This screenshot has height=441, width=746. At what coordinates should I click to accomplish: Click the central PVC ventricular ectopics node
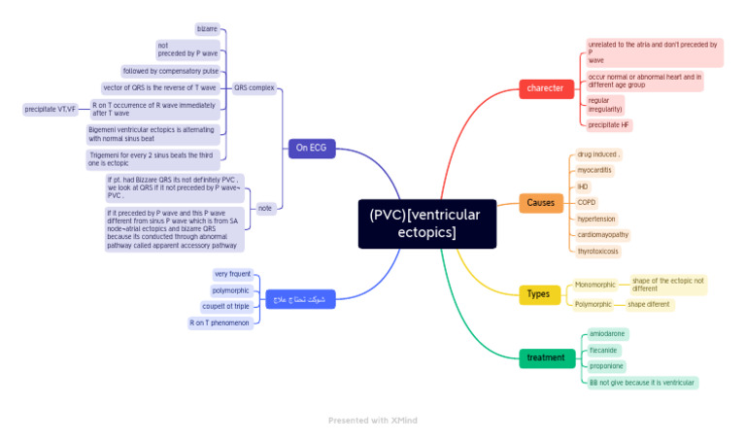coord(426,223)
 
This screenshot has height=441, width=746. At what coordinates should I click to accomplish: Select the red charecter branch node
coord(545,88)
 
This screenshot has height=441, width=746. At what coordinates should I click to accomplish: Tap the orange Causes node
coord(540,203)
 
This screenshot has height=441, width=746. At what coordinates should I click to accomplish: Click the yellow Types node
coord(538,294)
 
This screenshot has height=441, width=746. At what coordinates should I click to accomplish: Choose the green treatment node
coord(545,357)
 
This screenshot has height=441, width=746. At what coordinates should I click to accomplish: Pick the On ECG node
coord(312,148)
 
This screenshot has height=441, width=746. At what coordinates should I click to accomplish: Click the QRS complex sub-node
coord(254,87)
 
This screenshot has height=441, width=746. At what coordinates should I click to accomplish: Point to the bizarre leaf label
coord(207,29)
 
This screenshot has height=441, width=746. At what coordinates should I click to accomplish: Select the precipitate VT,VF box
coord(51,109)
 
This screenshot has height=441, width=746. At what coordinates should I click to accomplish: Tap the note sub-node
coord(264,208)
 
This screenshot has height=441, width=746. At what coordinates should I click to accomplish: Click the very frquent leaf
coord(232,274)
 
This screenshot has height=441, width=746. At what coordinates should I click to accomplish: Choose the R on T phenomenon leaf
coord(220,322)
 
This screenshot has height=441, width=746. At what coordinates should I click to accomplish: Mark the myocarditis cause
coord(594,170)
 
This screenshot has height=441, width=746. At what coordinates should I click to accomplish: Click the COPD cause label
coord(587,202)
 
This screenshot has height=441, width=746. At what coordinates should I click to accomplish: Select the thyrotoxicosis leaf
coord(599,251)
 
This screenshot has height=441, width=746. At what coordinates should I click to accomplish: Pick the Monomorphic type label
coord(594,285)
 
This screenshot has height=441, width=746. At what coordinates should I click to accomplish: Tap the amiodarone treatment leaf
coord(607,334)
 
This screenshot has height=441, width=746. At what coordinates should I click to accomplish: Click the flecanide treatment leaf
coord(603,350)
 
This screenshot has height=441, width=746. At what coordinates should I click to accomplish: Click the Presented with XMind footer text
coord(372,421)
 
